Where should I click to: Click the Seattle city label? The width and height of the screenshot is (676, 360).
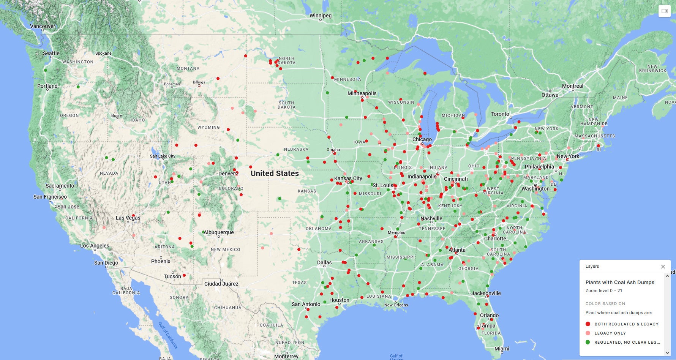click(x=51, y=53)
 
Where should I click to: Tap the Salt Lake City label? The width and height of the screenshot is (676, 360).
click(x=163, y=156)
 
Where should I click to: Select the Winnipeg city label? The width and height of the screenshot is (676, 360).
click(x=321, y=16)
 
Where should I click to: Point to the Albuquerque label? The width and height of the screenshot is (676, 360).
click(x=219, y=232)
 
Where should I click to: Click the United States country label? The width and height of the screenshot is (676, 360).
click(x=275, y=174)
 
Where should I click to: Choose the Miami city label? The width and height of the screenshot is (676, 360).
click(x=502, y=349)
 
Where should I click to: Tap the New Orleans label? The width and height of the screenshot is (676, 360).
click(x=396, y=305)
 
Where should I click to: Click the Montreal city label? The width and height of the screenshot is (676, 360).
click(x=572, y=86)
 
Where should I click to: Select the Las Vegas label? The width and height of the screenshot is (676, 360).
click(x=128, y=218)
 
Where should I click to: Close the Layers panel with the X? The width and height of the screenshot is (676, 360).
click(x=663, y=267)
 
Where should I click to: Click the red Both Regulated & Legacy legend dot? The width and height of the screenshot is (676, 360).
click(x=588, y=324)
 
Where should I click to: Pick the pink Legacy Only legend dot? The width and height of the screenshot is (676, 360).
click(x=588, y=333)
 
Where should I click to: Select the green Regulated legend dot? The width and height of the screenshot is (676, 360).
click(x=588, y=342)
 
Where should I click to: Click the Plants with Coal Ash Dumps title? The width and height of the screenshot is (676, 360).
click(x=620, y=282)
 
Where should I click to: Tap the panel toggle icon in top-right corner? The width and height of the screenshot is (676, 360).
click(x=665, y=11)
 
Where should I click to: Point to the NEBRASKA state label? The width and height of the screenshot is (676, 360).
click(x=296, y=149)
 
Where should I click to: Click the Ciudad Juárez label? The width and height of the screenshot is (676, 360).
click(x=221, y=284)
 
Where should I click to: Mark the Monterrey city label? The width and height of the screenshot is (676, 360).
click(x=286, y=356)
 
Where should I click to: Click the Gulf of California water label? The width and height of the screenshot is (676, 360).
click(x=167, y=335)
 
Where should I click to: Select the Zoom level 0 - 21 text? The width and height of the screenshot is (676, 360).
click(x=604, y=291)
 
